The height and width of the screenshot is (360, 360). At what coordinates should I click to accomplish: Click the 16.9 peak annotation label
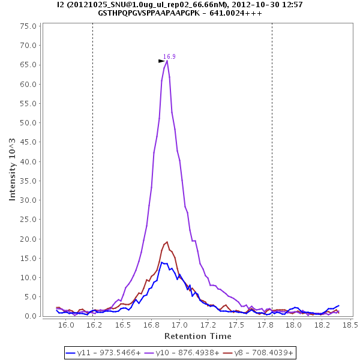click(169, 56)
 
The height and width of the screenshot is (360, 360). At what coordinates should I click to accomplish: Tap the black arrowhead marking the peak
click(161, 61)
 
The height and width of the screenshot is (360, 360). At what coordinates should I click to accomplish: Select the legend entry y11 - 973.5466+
click(101, 353)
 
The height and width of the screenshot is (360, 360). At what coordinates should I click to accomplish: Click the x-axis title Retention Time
click(197, 336)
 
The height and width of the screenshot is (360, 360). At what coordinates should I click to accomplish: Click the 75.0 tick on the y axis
click(29, 26)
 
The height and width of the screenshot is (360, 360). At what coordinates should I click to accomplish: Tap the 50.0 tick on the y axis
click(29, 123)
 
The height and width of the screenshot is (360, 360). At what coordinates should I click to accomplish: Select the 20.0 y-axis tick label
click(29, 239)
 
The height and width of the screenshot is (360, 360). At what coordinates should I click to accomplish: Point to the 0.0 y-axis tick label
click(31, 316)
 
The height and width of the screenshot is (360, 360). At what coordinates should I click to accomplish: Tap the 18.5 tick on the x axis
click(350, 325)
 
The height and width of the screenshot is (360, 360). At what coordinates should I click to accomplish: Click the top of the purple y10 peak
click(167, 60)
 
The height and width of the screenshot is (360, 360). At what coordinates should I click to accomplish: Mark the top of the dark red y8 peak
click(167, 242)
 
